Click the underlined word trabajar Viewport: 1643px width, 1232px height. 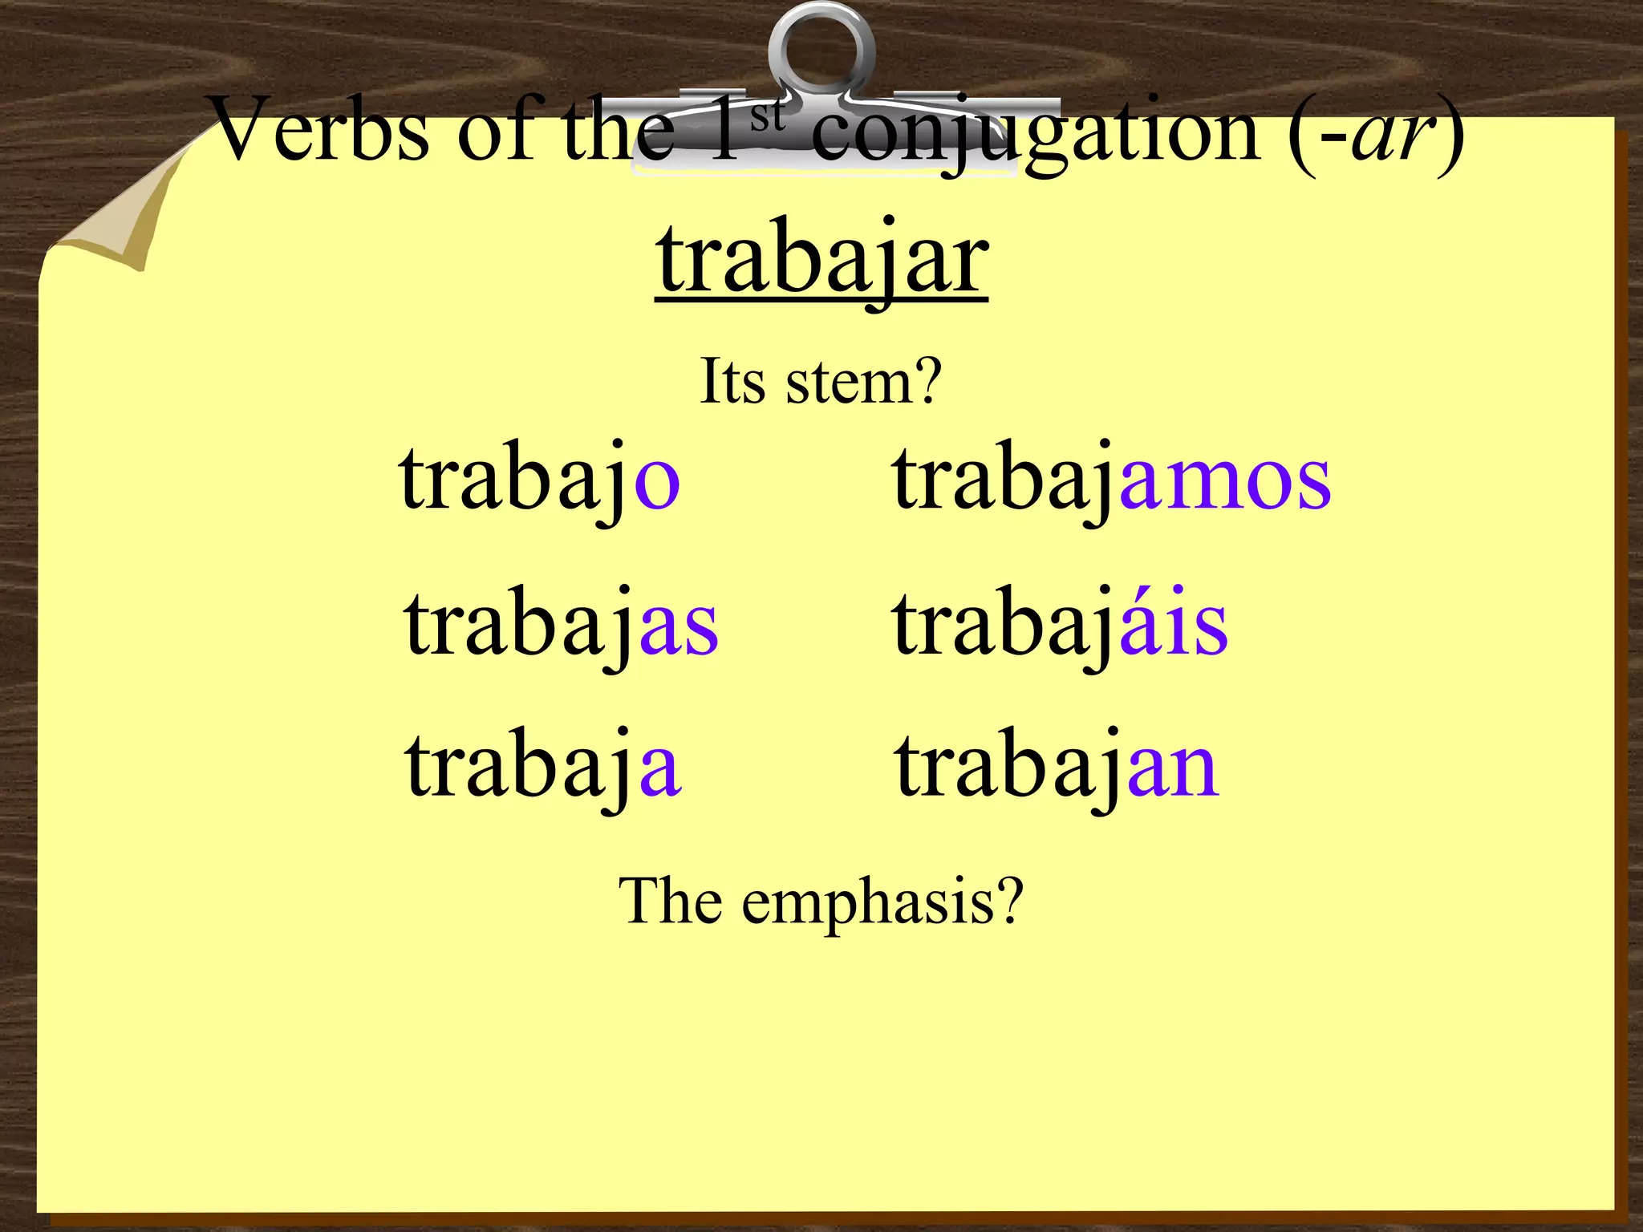pos(821,261)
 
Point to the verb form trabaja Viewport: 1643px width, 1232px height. pos(543,767)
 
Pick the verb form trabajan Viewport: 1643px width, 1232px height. pos(1057,767)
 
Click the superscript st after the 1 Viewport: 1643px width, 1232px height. pos(767,115)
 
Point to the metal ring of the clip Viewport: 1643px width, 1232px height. pos(821,48)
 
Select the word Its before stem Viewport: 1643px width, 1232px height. pos(732,382)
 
